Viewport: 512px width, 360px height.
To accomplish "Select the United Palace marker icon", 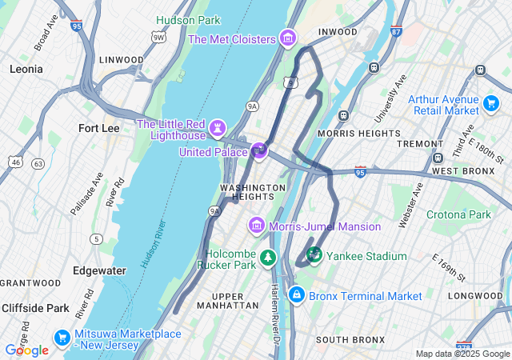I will (x=258, y=150).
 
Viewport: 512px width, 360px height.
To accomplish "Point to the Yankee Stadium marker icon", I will (x=314, y=255).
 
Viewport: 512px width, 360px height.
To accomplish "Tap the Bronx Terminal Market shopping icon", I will (x=297, y=296).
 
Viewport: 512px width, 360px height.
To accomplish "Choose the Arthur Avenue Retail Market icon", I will (x=491, y=105).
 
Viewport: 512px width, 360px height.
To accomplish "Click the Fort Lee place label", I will (x=99, y=128).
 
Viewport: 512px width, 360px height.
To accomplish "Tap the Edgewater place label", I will (x=99, y=270).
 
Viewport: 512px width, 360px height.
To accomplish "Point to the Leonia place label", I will (x=26, y=70).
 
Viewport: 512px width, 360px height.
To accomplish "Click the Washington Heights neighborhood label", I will (x=253, y=192).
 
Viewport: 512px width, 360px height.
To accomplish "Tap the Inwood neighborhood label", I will (x=338, y=32).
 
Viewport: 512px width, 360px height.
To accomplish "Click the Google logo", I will (x=27, y=350).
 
